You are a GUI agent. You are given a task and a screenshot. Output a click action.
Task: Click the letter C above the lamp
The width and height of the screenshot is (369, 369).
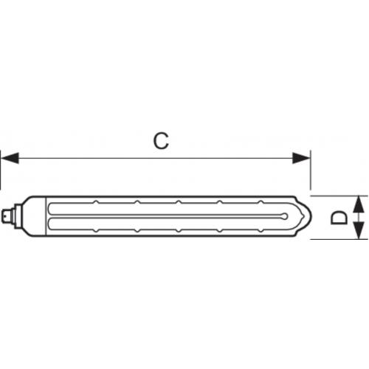click(161, 141)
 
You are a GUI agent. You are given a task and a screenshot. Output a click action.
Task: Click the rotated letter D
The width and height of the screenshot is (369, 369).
click(339, 218)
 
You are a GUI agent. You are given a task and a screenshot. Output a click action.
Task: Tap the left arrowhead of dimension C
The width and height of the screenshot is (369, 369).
click(10, 158)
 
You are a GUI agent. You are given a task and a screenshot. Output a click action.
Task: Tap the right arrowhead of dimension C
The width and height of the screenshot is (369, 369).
click(301, 158)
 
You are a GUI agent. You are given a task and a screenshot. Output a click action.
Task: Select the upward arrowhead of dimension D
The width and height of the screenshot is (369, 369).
click(359, 204)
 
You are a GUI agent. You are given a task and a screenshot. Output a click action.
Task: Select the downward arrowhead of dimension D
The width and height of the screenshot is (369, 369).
click(359, 230)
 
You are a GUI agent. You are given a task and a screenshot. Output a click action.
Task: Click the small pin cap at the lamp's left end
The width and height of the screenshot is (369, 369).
click(7, 215)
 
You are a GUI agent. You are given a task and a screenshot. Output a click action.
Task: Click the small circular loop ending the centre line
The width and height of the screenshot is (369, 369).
click(285, 216)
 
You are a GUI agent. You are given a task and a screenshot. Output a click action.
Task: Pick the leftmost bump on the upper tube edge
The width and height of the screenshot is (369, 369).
click(96, 202)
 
